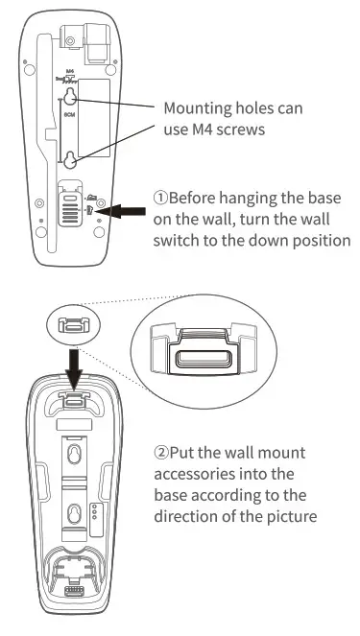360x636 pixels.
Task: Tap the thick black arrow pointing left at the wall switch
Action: [124, 209]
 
